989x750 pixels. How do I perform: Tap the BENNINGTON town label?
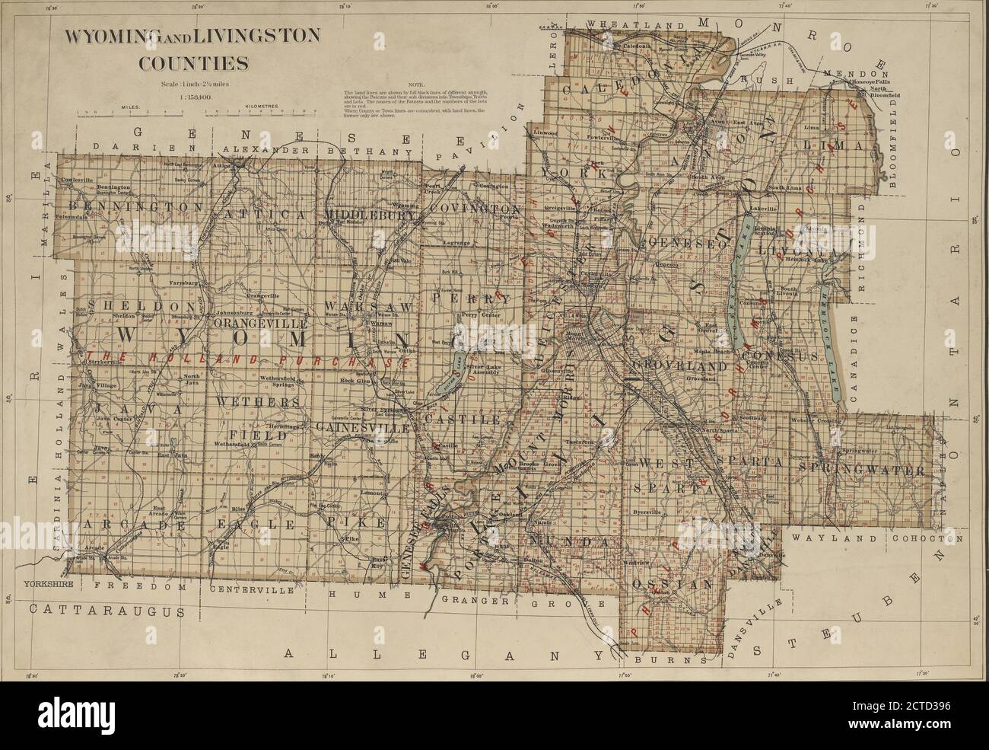click(x=136, y=206)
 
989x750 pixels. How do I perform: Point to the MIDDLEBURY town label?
click(x=370, y=214)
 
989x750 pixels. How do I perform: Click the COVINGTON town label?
click(x=474, y=209)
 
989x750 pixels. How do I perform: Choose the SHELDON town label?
click(x=137, y=305)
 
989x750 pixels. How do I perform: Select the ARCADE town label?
click(x=134, y=525)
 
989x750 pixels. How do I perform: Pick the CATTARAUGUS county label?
click(x=107, y=611)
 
